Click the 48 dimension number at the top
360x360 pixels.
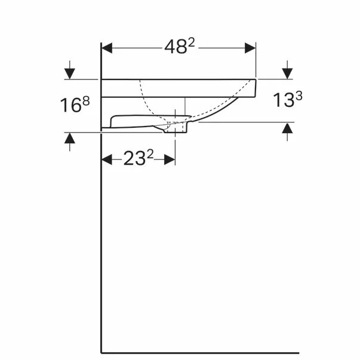[176, 47]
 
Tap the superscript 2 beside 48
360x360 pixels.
[191, 42]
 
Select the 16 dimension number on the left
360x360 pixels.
[71, 105]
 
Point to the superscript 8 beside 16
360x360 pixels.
[86, 101]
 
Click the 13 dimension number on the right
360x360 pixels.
[284, 100]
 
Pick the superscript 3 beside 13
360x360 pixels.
[299, 96]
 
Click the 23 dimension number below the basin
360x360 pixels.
[134, 158]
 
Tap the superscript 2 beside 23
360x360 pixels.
[150, 154]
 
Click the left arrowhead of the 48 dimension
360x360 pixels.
[107, 48]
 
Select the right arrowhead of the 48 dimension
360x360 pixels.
[250, 48]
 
